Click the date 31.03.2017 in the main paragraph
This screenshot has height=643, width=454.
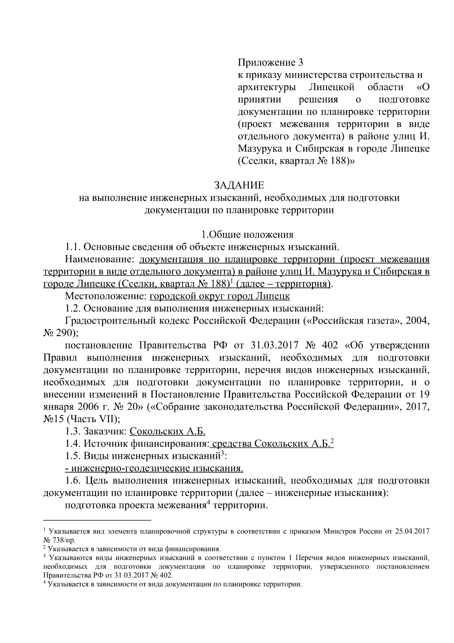275,346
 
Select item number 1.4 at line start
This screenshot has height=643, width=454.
73,444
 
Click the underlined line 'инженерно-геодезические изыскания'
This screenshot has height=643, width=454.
154,469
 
